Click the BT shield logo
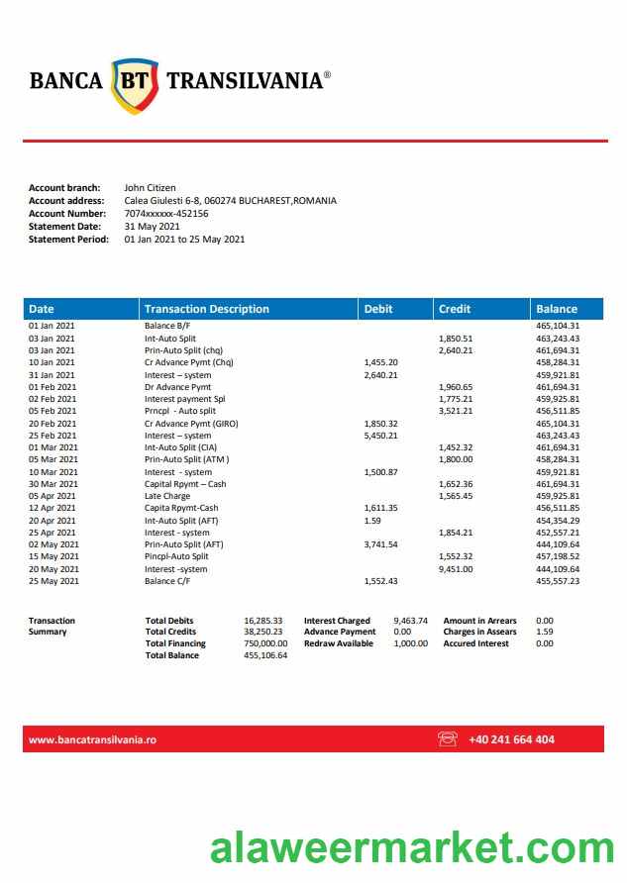coord(135,83)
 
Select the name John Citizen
coord(150,187)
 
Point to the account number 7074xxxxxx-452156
coord(166,213)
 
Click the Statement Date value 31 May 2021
coord(152,226)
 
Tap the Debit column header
coord(378,309)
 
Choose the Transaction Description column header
coord(206,309)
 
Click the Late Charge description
coord(167,496)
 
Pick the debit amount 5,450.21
coord(381,436)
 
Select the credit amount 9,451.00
coord(456,569)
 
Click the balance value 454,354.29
coord(558,521)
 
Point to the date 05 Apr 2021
coord(52,496)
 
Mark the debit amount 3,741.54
coord(381,544)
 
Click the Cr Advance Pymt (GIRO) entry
coord(191,424)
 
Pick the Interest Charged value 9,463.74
coord(410,621)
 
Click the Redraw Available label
coord(339,643)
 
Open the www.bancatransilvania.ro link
coord(92,739)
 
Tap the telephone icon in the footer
coord(448,738)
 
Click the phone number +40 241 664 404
coord(511,739)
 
